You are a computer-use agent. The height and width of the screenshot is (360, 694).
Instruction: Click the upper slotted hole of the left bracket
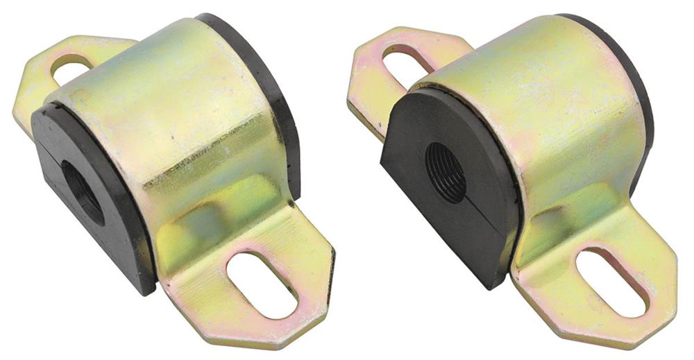[x=72, y=69]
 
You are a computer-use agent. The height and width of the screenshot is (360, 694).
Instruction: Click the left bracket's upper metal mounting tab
[x=42, y=90]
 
